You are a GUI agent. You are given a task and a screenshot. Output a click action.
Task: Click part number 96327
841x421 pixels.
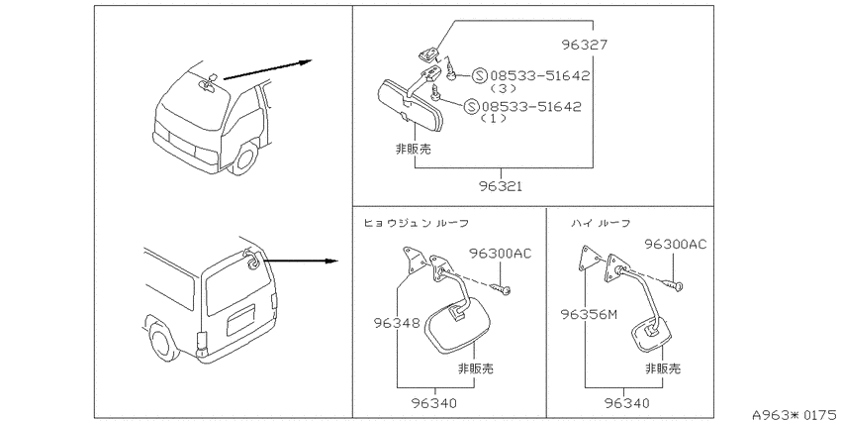pos(585,45)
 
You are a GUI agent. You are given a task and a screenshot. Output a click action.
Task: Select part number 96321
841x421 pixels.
pos(501,187)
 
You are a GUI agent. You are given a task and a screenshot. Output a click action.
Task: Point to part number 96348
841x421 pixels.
pos(396,323)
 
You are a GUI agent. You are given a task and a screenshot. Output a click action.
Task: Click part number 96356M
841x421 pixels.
pos(589,314)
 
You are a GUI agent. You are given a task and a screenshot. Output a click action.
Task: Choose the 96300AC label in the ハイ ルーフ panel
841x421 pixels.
pos(675,245)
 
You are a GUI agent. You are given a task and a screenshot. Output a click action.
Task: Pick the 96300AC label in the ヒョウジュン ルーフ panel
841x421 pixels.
pos(500,253)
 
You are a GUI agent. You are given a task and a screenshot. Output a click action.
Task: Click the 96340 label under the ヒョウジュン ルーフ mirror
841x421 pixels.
pos(435,403)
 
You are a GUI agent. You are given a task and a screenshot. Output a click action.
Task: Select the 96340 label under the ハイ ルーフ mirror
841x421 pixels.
pos(626,403)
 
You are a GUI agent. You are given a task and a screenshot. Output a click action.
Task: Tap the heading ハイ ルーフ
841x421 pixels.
pos(601,223)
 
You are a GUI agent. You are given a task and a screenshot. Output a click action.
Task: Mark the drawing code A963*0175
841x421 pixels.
pos(795,414)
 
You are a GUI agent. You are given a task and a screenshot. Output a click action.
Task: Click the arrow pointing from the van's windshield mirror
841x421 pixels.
pos(267,70)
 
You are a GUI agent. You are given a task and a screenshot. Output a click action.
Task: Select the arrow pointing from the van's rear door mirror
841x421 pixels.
pos(301,261)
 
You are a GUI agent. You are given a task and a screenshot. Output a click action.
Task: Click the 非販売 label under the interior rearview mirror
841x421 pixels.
pos(413,150)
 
